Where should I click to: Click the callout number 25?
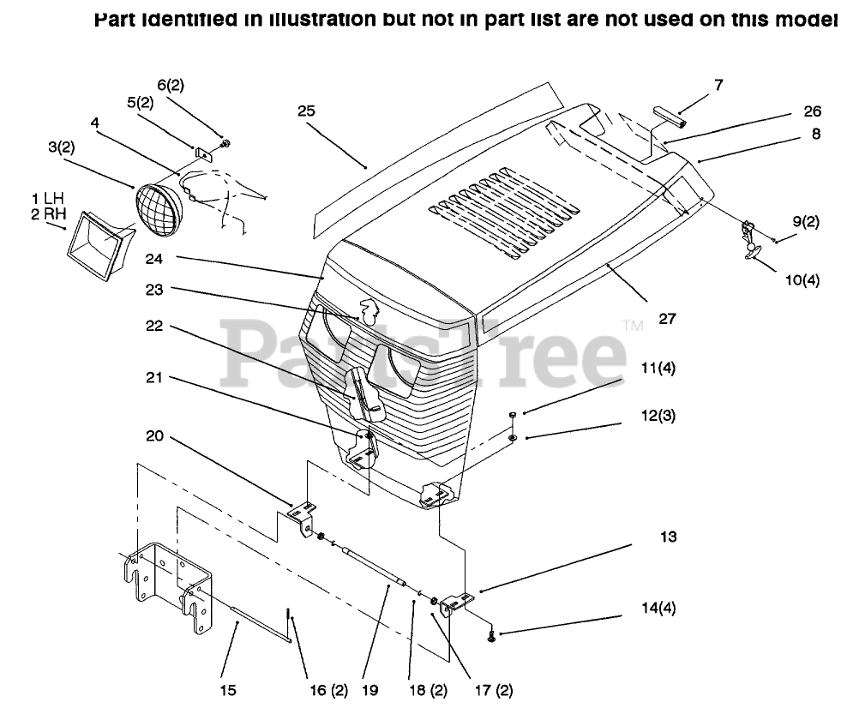coord(307,111)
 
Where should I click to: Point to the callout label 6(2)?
coord(170,85)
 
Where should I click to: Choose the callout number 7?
coord(718,85)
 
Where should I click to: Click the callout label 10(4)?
coord(801,279)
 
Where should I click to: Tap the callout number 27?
coord(667,319)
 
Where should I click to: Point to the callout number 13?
coord(669,537)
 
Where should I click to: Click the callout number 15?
coord(228,690)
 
